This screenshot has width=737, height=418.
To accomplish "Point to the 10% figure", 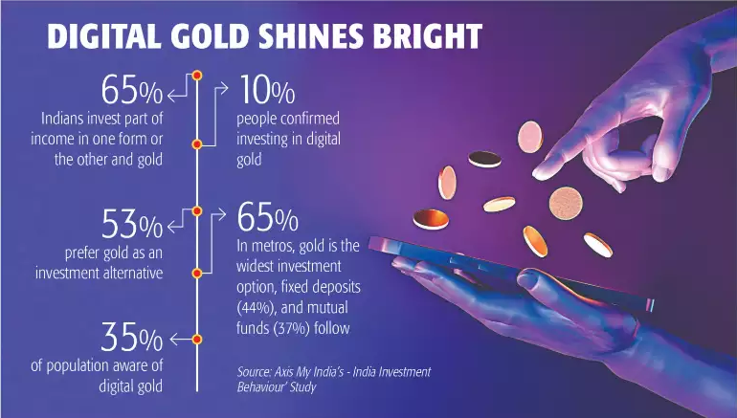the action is (267, 90).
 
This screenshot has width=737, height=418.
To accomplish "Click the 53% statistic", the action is (132, 224).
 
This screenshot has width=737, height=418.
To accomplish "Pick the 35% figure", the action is (132, 337).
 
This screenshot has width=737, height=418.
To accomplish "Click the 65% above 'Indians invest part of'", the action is (132, 90).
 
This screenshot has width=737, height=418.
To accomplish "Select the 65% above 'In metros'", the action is (267, 217).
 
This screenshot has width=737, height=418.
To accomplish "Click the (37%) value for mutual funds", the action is (291, 328).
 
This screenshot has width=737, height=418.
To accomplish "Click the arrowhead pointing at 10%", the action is (224, 88).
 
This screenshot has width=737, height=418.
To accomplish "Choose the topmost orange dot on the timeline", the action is (197, 76).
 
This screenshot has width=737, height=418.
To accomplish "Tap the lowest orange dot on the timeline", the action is (197, 340).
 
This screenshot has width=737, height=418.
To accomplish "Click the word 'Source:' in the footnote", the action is (254, 372).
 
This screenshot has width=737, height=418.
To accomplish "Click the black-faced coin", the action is (484, 159).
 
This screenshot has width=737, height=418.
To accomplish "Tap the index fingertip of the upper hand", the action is (540, 174).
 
